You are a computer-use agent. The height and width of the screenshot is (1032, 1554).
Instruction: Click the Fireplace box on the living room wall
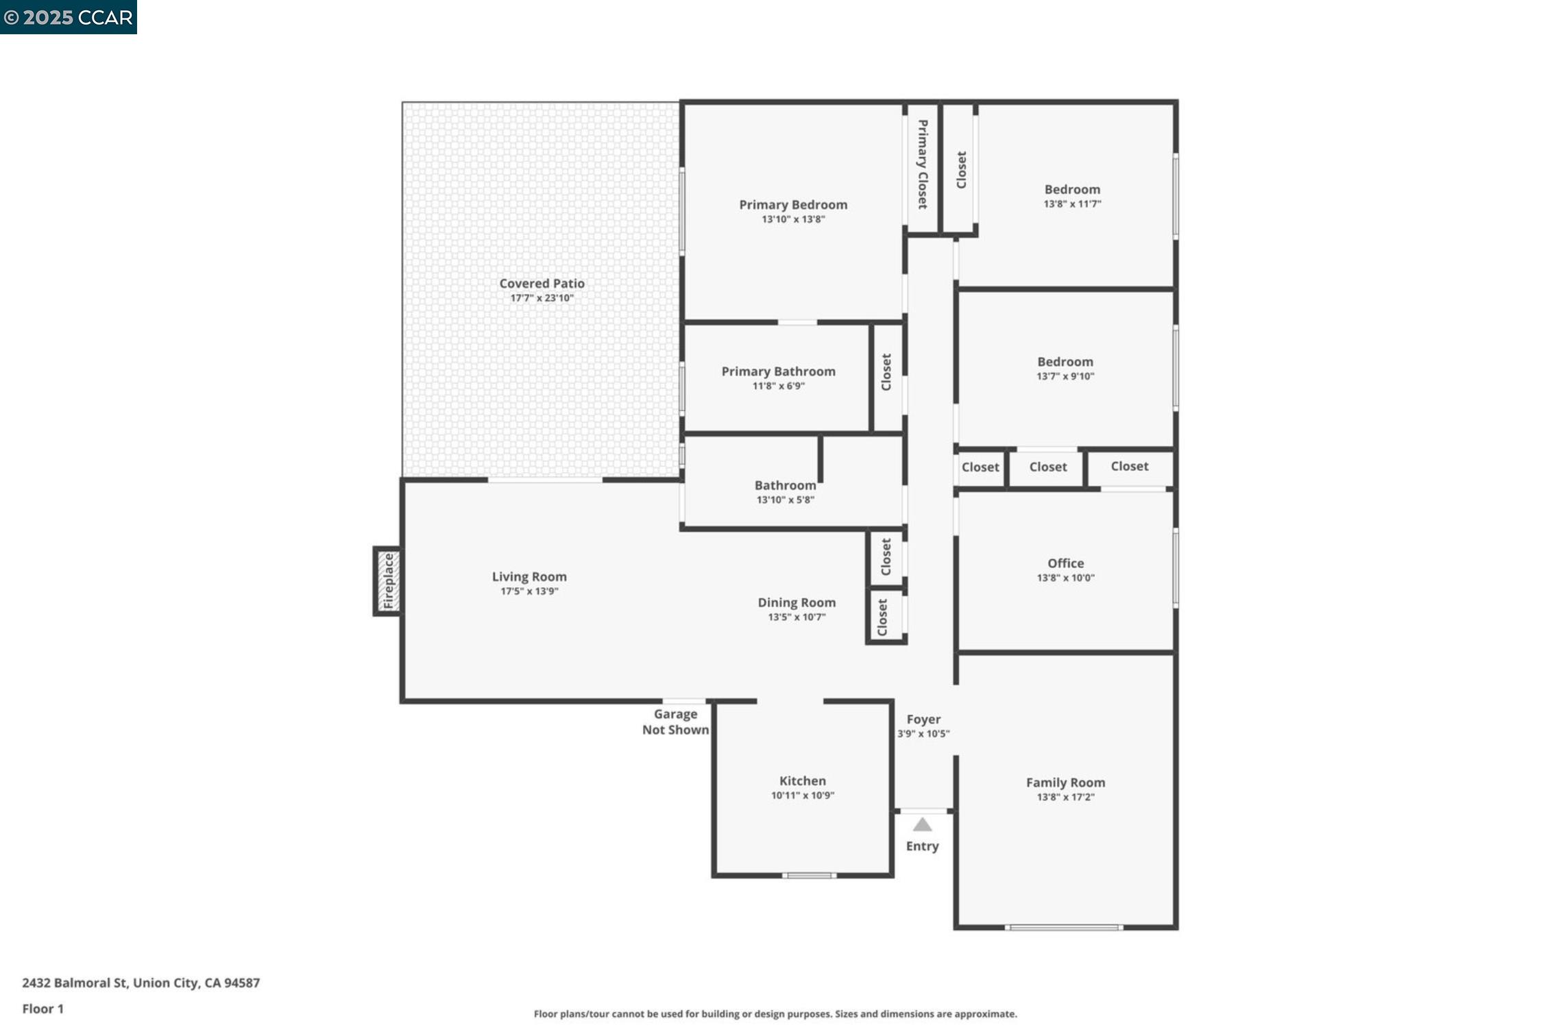pos(388,581)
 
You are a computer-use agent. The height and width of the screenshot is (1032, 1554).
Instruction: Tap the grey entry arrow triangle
pos(922,824)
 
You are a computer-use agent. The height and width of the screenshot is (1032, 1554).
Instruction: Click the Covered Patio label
pos(542,283)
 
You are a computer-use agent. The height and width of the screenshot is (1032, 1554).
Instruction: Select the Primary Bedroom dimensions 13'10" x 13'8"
pos(793,219)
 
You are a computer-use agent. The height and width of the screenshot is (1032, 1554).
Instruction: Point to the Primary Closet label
pos(923,164)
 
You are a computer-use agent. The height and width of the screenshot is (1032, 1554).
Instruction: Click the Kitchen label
pos(802,781)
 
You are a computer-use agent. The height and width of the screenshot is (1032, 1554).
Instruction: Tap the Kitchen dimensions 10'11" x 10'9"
pos(802,796)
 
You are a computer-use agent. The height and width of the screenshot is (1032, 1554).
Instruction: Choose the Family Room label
pos(1065,783)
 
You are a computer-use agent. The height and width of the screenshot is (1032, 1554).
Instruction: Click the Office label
pos(1065,563)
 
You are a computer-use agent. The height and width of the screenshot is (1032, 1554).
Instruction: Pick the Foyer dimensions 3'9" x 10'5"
pos(923,734)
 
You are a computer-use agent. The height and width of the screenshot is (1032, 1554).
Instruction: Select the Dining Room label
pos(797,602)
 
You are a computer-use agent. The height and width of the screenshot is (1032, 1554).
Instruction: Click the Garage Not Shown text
pos(675,722)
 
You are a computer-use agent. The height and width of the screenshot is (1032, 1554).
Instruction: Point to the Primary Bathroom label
pos(778,371)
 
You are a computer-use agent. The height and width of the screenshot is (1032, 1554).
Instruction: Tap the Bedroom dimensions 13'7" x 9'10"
pos(1065,376)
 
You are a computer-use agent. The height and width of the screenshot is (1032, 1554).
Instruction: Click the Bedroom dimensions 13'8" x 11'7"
pos(1072,204)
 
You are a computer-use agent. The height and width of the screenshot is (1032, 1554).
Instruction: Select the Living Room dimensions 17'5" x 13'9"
pos(529,591)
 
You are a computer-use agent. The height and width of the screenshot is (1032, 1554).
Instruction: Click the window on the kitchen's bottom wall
pos(809,875)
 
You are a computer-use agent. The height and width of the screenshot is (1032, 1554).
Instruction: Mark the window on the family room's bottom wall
pos(1063,927)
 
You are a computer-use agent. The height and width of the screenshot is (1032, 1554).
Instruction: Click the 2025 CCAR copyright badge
pos(69,17)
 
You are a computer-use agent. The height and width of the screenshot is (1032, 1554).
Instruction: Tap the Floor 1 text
pos(43,1009)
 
